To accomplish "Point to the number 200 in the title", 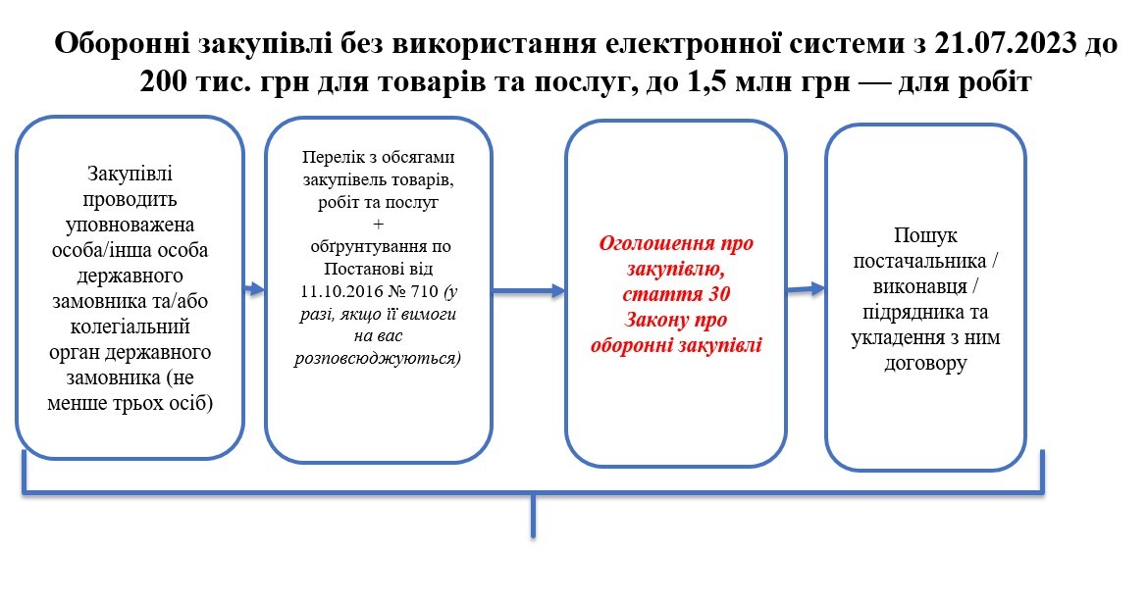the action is (164, 81).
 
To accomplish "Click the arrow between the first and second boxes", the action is (254, 289).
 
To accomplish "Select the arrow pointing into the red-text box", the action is (529, 291).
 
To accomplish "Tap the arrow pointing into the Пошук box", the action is (807, 289).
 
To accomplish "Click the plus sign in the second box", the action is (378, 224).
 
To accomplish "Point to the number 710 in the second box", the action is (424, 291).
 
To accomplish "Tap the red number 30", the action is (718, 294).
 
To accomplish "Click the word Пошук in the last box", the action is (925, 235).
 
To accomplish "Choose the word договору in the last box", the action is (925, 364).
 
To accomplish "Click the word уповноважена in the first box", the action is (130, 225).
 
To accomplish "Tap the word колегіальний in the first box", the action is (130, 327).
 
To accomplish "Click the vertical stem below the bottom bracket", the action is (533, 517).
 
